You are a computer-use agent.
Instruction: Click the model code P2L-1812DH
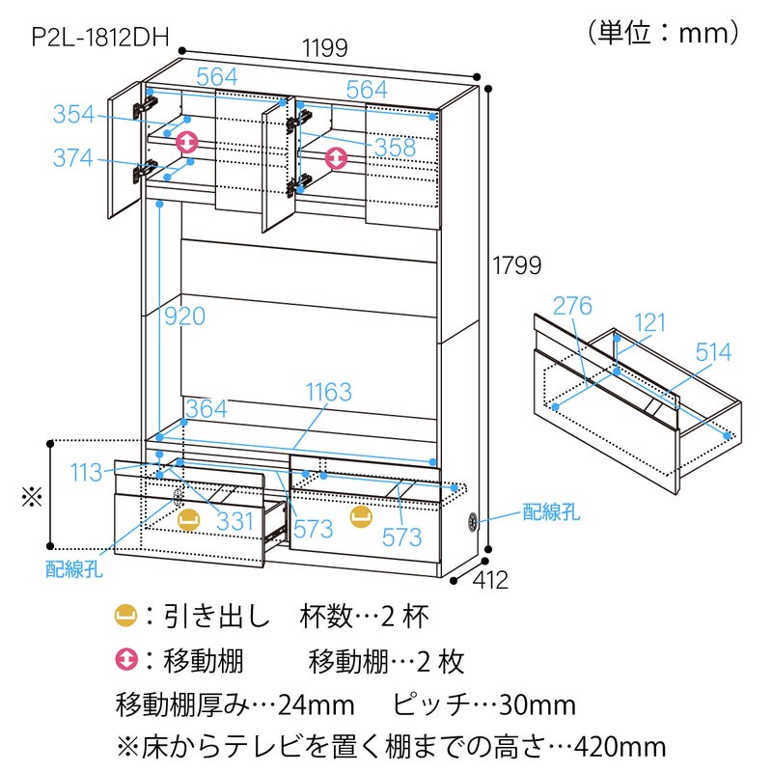(x=100, y=37)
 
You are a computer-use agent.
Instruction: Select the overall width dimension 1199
(x=325, y=47)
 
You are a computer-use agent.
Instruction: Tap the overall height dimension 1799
(x=517, y=266)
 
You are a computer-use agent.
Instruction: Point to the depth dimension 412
(x=490, y=580)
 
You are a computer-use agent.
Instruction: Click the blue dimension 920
(x=184, y=317)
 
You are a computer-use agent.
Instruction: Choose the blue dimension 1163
(x=329, y=393)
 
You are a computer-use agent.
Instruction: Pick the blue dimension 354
(x=73, y=114)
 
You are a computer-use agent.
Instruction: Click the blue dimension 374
(x=73, y=158)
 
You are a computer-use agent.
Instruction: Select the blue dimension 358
(x=395, y=148)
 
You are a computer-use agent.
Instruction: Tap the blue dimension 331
(x=234, y=521)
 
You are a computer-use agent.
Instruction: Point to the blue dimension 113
(x=86, y=473)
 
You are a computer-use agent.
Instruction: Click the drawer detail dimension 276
(x=572, y=306)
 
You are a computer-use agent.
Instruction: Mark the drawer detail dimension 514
(x=713, y=352)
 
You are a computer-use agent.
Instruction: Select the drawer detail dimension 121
(x=649, y=323)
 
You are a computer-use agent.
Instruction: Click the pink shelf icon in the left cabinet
(x=187, y=142)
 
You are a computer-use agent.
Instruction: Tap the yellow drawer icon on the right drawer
(x=361, y=516)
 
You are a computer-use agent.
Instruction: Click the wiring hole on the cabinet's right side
(x=473, y=521)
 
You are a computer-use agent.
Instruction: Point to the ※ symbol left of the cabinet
(x=32, y=497)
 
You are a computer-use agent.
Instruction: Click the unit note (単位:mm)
(x=663, y=33)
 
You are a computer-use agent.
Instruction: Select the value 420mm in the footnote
(x=620, y=747)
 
